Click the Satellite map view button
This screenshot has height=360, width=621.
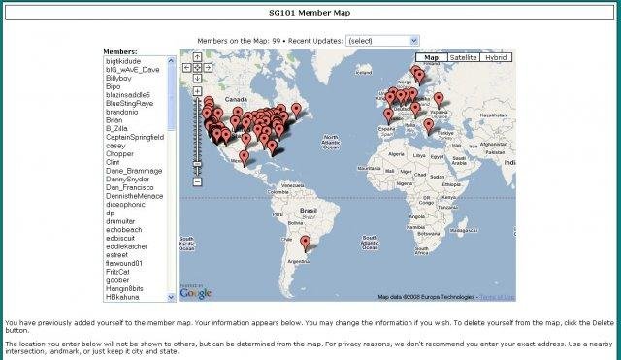[x=462, y=57]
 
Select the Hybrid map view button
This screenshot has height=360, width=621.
[x=496, y=57]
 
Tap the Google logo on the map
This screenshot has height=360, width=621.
[x=194, y=292]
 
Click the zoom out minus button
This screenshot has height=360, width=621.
[x=197, y=180]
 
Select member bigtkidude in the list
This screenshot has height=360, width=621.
[x=127, y=61]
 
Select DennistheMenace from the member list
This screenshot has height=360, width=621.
[x=135, y=195]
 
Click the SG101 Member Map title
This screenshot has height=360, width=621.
[x=309, y=13]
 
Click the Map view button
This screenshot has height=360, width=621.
[x=427, y=57]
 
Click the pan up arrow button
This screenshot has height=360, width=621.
[x=197, y=57]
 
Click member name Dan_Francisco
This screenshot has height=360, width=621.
[x=130, y=187]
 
